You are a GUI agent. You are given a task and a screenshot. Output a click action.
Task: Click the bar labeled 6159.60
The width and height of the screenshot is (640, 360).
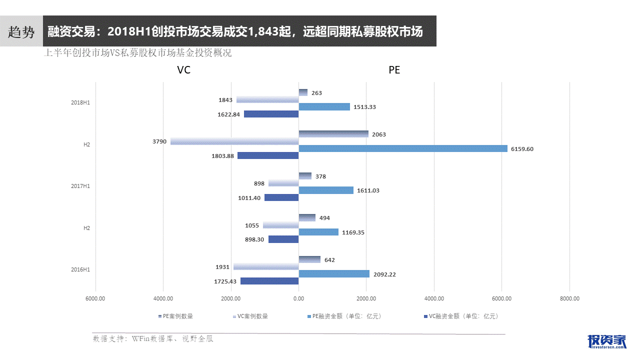click(402, 148)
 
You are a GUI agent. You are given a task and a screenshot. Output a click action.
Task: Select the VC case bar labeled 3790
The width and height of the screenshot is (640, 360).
click(234, 141)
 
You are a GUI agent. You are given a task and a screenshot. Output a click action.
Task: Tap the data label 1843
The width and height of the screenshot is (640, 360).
click(225, 100)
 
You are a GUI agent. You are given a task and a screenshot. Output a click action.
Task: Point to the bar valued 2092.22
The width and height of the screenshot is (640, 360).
click(334, 274)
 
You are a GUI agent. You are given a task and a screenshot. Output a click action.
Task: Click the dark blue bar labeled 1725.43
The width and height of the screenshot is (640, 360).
click(269, 281)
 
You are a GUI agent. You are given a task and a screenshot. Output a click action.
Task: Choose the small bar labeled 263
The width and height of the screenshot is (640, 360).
click(303, 92)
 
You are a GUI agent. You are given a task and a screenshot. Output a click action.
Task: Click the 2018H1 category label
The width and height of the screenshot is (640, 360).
click(80, 102)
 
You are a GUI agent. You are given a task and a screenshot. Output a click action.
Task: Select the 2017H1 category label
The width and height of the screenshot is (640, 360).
click(80, 186)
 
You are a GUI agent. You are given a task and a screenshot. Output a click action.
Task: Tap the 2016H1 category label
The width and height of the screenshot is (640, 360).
click(80, 270)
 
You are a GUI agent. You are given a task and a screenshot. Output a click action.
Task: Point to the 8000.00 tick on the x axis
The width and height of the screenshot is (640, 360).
click(569, 298)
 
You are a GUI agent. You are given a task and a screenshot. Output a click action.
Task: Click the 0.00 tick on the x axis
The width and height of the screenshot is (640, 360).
click(298, 298)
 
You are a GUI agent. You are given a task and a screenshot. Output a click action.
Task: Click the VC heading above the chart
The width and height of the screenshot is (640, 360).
click(184, 70)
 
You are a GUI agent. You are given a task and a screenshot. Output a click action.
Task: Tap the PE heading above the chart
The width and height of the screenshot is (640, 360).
click(394, 70)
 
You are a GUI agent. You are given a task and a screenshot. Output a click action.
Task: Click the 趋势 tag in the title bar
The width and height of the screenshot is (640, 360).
click(21, 32)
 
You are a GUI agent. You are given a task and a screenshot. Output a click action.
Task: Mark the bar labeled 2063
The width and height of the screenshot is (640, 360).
click(333, 134)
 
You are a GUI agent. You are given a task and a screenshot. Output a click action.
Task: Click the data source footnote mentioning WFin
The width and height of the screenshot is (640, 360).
click(153, 339)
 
